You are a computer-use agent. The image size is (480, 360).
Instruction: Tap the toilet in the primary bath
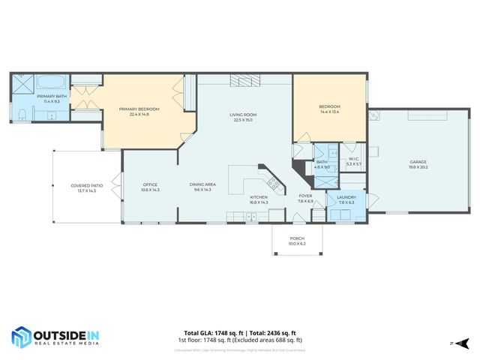(x=22, y=114)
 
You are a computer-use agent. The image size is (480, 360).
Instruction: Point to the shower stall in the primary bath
(x=22, y=84)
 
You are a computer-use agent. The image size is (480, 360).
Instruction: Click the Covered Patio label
(x=87, y=185)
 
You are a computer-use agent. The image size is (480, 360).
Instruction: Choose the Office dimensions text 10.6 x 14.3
(x=150, y=190)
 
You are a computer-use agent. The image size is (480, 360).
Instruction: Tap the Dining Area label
(x=202, y=185)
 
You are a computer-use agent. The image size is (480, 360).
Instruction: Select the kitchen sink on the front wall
(x=251, y=217)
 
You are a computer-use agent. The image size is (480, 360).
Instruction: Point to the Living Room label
(x=243, y=115)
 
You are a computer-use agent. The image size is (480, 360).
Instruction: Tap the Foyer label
(x=305, y=196)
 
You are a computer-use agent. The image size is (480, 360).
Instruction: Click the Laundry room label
(x=346, y=197)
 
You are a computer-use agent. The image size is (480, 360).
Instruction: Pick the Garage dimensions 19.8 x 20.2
(x=418, y=167)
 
